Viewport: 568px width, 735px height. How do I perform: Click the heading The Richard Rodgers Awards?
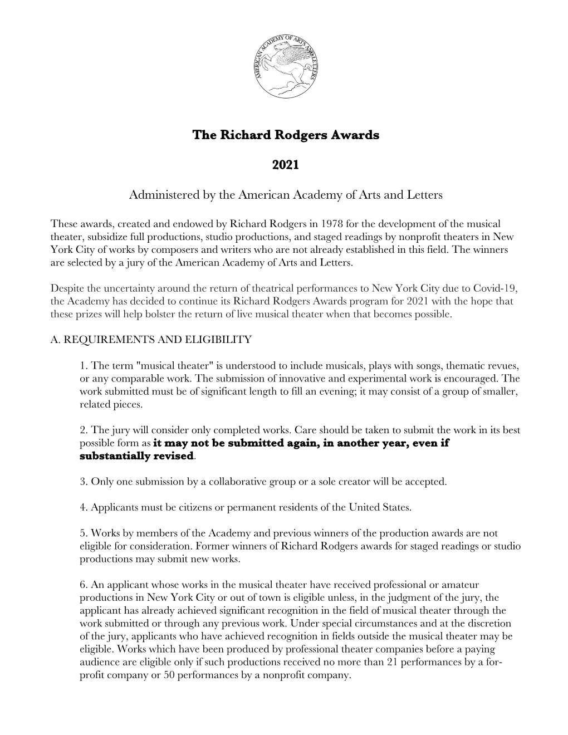click(x=285, y=135)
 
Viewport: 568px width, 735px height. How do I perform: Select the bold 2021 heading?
click(x=285, y=165)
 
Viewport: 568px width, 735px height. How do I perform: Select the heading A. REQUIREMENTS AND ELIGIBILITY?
click(x=151, y=340)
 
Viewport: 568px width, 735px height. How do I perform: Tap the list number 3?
click(x=82, y=482)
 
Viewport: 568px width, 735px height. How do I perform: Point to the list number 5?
click(x=82, y=533)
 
